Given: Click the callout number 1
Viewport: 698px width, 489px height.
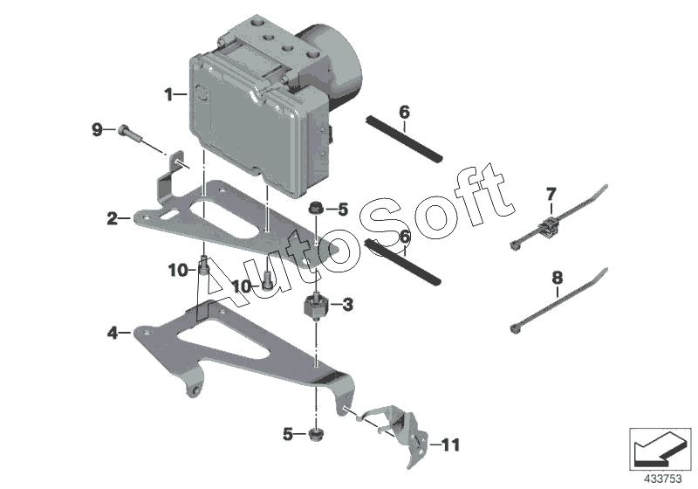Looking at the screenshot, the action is [x=168, y=94].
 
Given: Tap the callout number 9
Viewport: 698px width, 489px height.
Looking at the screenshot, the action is [x=97, y=130].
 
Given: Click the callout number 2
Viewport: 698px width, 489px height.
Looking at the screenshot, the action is [x=112, y=218].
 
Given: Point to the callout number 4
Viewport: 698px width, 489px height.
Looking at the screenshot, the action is [x=113, y=332].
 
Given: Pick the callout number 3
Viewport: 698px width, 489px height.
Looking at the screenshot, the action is [x=348, y=305].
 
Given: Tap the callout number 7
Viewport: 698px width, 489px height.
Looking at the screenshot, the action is [x=551, y=194].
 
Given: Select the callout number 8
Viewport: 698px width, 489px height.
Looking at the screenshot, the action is [x=558, y=279].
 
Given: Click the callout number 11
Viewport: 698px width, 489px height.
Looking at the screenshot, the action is [x=449, y=445].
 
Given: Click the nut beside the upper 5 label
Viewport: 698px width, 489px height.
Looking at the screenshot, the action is [x=316, y=208].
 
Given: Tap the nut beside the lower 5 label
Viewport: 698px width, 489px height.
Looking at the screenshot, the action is [x=315, y=434].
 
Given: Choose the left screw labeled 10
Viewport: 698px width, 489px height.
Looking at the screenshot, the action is [x=204, y=265].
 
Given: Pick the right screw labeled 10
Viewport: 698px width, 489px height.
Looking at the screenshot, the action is [x=267, y=279].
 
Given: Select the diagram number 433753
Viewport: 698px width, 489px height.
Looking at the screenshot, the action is [x=663, y=479].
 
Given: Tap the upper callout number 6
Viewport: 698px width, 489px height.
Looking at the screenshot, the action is [x=404, y=113].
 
